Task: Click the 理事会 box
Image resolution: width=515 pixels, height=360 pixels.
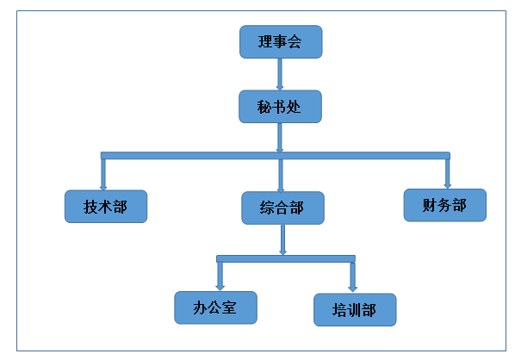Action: (x=281, y=41)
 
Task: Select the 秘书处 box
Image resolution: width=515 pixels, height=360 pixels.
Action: (x=280, y=107)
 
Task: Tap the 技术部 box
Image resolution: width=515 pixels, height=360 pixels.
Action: (x=106, y=207)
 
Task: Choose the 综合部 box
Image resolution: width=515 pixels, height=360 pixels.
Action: (x=282, y=208)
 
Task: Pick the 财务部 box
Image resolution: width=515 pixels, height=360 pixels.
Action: (x=445, y=205)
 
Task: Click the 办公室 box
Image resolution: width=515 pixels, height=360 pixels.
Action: (x=215, y=307)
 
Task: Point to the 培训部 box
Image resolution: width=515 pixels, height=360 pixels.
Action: (x=355, y=310)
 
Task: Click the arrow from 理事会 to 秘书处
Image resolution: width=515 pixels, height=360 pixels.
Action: (x=280, y=74)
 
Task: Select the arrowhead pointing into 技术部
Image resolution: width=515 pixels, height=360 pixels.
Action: (x=103, y=188)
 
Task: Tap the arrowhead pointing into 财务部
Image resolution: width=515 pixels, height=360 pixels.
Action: (x=447, y=186)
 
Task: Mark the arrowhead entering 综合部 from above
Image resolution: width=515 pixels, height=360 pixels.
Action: (x=281, y=189)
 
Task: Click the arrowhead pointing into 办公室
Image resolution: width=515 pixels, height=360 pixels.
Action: (x=220, y=288)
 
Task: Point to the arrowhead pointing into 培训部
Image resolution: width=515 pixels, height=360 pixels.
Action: (x=353, y=289)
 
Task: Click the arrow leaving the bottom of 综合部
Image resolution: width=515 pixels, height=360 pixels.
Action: (x=282, y=239)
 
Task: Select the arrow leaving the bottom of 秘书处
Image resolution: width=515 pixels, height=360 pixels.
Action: (x=280, y=138)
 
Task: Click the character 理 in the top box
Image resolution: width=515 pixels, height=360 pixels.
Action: (x=265, y=42)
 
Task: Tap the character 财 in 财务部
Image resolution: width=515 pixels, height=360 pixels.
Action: (x=430, y=205)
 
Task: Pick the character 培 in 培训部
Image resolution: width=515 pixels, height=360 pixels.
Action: (x=339, y=310)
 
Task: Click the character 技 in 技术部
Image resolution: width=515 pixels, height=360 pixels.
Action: (x=90, y=207)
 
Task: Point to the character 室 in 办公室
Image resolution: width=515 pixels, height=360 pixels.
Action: (x=229, y=307)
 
